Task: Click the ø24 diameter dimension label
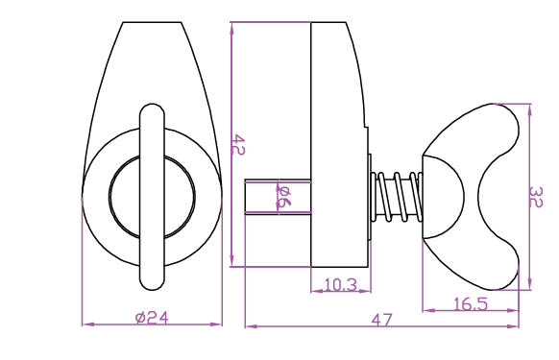(x=152, y=317)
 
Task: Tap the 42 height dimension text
(x=238, y=144)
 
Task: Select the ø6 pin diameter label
(x=284, y=197)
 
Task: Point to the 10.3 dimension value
(x=340, y=284)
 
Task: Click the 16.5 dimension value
(x=471, y=304)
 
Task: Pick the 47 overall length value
(x=381, y=320)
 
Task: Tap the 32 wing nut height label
(x=536, y=197)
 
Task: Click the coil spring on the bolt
(x=397, y=197)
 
